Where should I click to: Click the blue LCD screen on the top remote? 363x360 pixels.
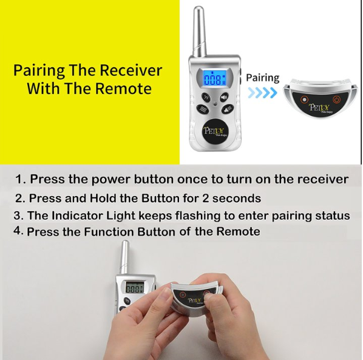coord(214,79)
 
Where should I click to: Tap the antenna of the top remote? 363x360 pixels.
coord(199,32)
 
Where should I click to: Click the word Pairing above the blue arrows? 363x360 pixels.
coord(262,78)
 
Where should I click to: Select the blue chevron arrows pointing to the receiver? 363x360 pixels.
coord(262,93)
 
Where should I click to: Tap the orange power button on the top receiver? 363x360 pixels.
coord(337,100)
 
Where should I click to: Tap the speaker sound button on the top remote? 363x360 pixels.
coord(223,97)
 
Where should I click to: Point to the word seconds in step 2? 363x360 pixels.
coord(237,199)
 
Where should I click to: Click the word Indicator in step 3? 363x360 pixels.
coord(77,216)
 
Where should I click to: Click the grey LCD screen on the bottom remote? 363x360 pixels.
coord(134,288)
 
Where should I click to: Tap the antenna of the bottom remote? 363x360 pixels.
coord(125,257)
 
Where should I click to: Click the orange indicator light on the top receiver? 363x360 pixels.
coord(304,100)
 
